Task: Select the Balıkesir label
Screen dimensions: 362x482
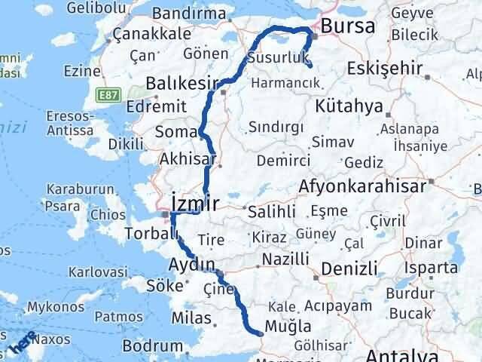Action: (x=182, y=82)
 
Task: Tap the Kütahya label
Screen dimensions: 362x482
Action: (x=350, y=106)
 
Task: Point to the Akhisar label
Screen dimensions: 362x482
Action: (x=188, y=159)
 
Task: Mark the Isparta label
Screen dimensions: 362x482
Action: (x=432, y=268)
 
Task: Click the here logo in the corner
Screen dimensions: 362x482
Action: (x=20, y=346)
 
